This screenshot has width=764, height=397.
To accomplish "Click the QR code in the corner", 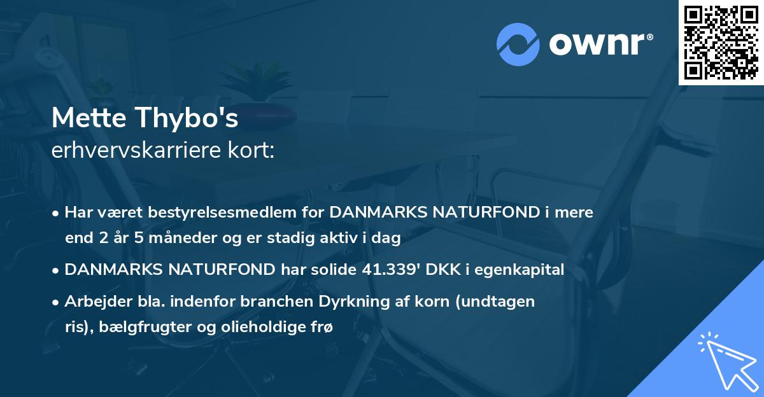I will click(x=721, y=42).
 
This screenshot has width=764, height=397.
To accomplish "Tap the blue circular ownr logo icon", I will click(x=518, y=44).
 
